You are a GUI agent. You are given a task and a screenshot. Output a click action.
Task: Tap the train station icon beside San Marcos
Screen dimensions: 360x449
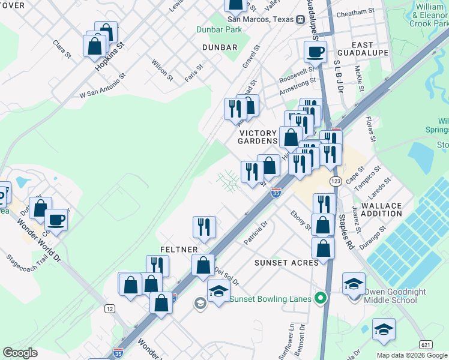[300, 19]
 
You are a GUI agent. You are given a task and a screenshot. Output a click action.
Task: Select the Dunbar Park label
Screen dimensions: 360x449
[219, 29]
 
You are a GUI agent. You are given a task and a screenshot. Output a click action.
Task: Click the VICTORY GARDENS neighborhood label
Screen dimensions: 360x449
[259, 137]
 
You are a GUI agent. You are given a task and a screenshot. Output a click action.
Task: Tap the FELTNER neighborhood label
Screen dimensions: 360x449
[175, 248]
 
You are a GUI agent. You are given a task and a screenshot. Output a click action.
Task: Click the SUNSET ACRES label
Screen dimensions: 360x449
[278, 263]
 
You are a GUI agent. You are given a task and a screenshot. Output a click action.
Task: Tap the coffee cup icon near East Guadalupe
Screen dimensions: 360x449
[315, 52]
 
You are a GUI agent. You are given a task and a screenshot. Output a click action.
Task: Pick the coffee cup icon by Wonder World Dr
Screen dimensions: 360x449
[56, 220]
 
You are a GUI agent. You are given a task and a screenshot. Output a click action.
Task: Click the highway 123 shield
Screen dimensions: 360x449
[336, 181]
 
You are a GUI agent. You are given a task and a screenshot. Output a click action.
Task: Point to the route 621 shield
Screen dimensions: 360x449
[426, 344]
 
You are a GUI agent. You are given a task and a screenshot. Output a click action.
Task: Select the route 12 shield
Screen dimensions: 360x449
[110, 308]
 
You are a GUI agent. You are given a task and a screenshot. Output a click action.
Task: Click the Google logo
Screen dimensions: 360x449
[20, 353]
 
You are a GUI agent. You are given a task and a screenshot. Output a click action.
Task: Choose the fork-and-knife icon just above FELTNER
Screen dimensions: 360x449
[204, 227]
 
